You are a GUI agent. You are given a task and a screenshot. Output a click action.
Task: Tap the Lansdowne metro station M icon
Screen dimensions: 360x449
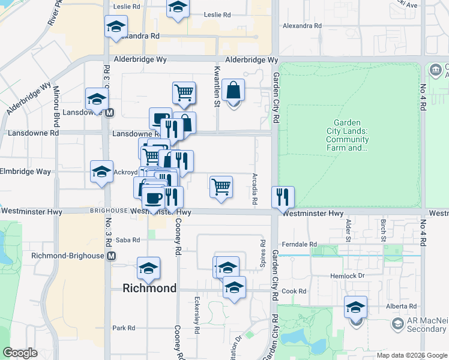pos(110,112)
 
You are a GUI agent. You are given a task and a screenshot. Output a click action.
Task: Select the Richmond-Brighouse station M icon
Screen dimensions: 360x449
pos(111,256)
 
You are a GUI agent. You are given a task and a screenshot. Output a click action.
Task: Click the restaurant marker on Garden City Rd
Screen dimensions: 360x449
pos(283,197)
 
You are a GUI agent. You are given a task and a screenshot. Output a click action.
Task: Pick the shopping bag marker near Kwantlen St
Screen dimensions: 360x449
pos(233,91)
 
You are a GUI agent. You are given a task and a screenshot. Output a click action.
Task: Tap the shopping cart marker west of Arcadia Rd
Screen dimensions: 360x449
pos(221,187)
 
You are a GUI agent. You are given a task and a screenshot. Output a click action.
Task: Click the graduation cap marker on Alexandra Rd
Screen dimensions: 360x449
pos(116,26)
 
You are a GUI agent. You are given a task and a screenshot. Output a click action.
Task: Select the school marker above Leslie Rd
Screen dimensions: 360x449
pos(177,8)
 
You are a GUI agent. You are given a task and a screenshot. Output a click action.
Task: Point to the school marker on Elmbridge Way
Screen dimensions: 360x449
pos(101,172)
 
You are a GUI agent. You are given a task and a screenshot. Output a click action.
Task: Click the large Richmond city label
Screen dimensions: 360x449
pos(149,288)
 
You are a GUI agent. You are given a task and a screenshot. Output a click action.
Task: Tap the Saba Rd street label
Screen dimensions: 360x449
pos(127,240)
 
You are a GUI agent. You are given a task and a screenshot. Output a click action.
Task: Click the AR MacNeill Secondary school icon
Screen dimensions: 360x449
pos(397,324)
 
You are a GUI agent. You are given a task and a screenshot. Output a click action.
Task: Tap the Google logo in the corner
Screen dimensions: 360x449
pos(20,353)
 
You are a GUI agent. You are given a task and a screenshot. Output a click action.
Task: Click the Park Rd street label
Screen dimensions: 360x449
pos(123,328)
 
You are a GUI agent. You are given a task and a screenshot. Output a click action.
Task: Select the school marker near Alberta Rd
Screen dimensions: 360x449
pos(355,308)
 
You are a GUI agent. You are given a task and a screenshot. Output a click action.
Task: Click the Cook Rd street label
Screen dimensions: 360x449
pos(295,292)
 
